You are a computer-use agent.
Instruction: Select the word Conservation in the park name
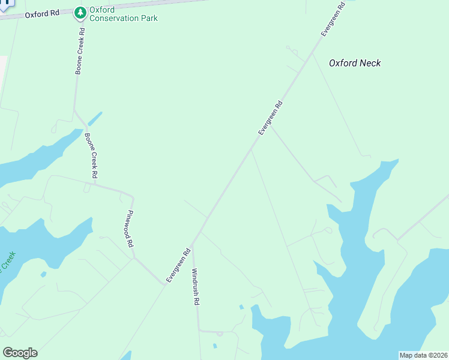pos(116,19)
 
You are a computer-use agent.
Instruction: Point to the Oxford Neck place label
pos(355,63)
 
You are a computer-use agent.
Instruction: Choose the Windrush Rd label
pos(196,286)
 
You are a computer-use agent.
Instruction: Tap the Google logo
pos(20,353)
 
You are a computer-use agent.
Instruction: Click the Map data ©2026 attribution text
pos(423,355)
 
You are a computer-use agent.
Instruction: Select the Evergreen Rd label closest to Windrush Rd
pos(178,265)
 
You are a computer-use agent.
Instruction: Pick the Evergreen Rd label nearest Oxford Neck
pos(333,19)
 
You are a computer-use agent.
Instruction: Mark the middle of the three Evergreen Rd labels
pos(270,118)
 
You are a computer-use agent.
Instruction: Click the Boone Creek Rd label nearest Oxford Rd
pos(80,57)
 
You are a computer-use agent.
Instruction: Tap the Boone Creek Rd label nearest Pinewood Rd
pos(91,155)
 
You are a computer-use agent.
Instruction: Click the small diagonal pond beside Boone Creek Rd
pos(95,119)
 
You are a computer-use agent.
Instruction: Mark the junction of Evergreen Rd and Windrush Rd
pos(191,246)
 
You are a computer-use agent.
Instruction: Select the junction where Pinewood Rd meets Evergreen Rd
pos(164,283)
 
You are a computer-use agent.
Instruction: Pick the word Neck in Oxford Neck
pos(371,63)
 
